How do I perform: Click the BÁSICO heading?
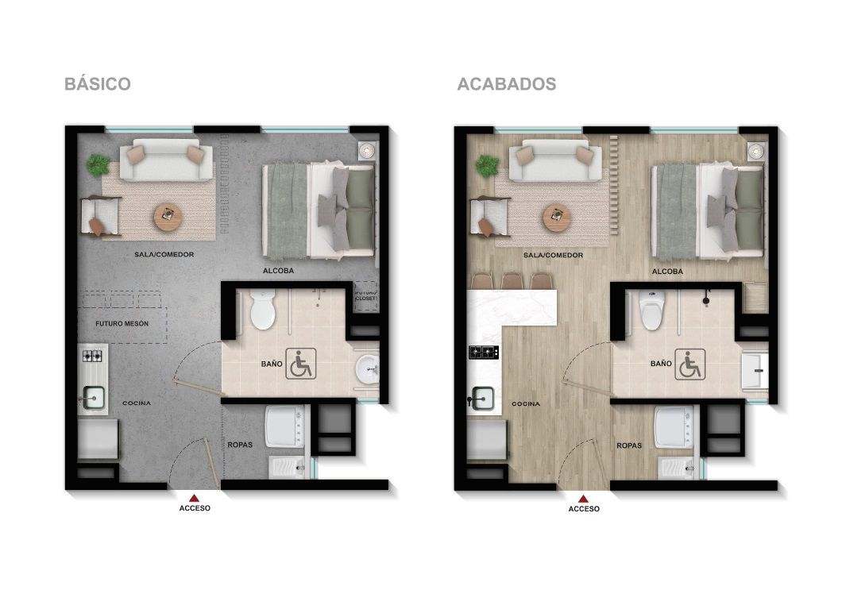[97, 84]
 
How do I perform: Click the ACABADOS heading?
[506, 84]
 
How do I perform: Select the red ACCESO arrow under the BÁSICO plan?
[194, 496]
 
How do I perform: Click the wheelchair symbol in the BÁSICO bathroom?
[299, 364]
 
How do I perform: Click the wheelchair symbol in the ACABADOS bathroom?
[689, 364]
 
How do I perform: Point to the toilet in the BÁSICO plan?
[261, 310]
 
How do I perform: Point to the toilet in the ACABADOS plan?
[651, 310]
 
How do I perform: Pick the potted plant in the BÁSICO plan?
[98, 165]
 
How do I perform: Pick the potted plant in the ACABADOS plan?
[487, 165]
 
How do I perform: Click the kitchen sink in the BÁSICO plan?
[95, 395]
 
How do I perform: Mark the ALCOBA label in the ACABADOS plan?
[667, 272]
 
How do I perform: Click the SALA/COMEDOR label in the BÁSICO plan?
[164, 255]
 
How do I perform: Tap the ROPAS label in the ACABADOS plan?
[629, 445]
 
